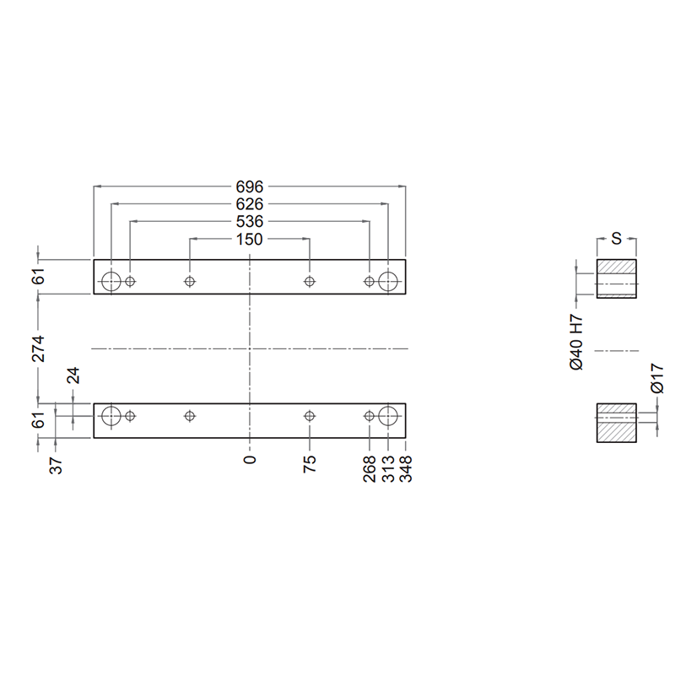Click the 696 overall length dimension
tap(249, 186)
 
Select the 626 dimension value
tap(249, 204)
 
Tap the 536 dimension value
tap(249, 222)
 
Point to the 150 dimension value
tap(249, 240)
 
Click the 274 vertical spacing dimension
tap(39, 348)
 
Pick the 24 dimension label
tap(73, 375)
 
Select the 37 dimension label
tap(56, 466)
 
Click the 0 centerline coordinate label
tap(250, 460)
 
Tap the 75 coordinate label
tap(310, 464)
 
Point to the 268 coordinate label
tap(370, 469)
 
